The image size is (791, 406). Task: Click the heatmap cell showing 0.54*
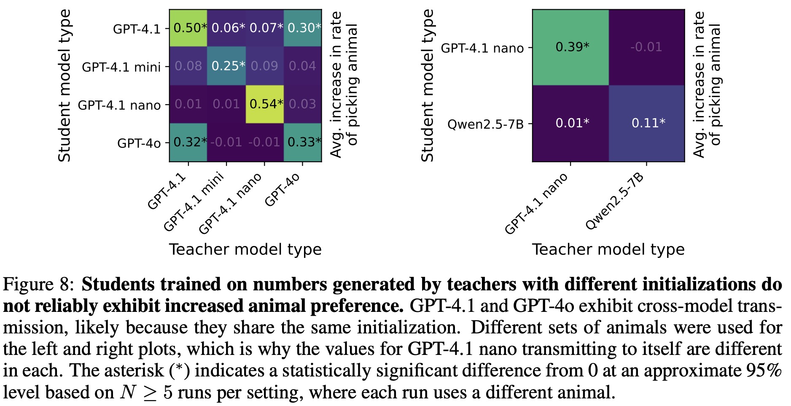coord(264,104)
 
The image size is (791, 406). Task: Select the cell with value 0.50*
coord(188,28)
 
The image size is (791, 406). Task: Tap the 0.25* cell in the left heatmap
coord(226,66)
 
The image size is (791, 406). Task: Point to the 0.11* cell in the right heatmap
coord(647,123)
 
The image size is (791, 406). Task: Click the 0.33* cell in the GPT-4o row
coord(303,142)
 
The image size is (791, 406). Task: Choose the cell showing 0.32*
coord(188,142)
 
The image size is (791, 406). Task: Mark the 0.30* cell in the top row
coord(303,28)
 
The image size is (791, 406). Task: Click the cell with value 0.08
coord(188,66)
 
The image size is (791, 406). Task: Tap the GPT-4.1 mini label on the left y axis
coord(121,67)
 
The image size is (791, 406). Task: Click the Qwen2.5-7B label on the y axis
coord(485,125)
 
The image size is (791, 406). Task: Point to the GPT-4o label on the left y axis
coord(139,143)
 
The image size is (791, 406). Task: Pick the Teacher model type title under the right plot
coord(608,249)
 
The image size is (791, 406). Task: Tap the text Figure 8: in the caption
coord(38,285)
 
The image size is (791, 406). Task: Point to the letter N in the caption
coord(127,393)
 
